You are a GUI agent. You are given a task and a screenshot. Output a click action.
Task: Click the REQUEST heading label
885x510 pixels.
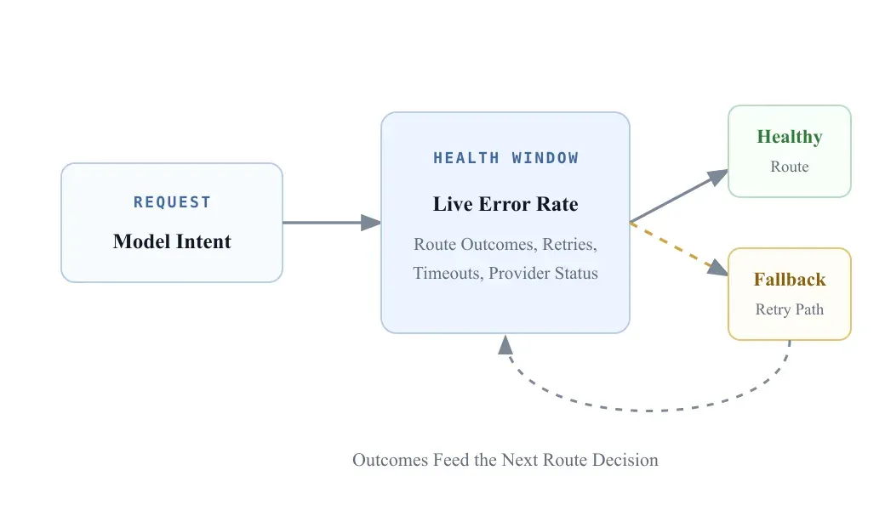tap(172, 201)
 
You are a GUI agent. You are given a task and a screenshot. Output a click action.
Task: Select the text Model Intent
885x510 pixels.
tap(172, 241)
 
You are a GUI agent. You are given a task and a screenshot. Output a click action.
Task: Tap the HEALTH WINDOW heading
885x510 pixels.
tap(505, 158)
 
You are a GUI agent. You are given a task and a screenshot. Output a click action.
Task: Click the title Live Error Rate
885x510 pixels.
tap(505, 204)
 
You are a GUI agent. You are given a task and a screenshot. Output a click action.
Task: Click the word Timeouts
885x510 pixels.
tap(448, 274)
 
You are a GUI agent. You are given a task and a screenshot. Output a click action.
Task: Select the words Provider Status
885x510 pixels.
tap(543, 274)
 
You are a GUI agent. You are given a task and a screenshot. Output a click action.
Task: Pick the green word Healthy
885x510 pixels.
tap(790, 137)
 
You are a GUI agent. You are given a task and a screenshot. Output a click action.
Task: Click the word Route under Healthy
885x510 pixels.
tap(790, 167)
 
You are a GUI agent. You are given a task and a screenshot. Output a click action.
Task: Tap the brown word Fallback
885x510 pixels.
tap(790, 280)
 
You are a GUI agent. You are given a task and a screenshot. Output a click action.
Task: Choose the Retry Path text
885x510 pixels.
tap(790, 309)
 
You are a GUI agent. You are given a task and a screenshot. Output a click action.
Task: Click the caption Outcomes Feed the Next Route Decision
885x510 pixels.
tap(505, 460)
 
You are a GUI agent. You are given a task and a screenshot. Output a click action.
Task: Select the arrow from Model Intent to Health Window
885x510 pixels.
tap(332, 223)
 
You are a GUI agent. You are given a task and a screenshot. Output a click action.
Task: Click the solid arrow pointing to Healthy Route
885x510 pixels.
tap(679, 196)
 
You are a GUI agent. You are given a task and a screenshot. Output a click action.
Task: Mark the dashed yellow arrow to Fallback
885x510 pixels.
tap(679, 249)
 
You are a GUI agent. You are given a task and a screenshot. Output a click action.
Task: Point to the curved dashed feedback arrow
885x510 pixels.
tap(649, 411)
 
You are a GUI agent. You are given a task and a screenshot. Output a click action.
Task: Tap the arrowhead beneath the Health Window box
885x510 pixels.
tap(505, 344)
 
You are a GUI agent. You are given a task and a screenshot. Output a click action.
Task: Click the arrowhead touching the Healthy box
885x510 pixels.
tap(718, 177)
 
